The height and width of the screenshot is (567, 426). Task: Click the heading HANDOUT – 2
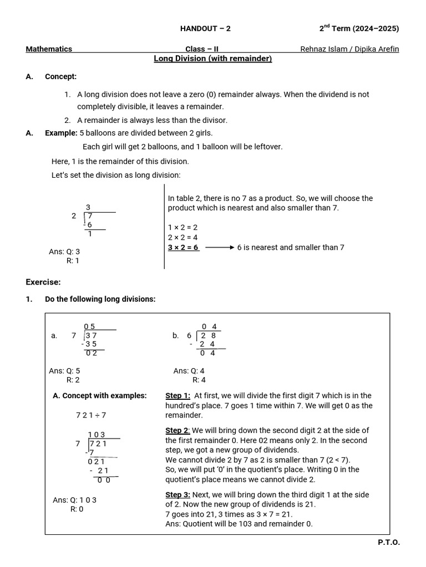[x=205, y=29]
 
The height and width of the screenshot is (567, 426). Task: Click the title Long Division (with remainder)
[x=212, y=59]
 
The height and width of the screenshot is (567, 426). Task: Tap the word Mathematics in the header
[x=49, y=49]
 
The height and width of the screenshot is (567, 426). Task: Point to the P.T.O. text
[x=389, y=543]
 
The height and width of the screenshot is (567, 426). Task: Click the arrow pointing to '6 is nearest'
[x=219, y=248]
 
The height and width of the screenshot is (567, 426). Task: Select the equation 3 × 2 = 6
[x=183, y=248]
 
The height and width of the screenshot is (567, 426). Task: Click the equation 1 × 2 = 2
[x=183, y=228]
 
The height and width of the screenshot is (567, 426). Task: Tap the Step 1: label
[x=178, y=395]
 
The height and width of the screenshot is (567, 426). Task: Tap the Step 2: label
[x=178, y=430]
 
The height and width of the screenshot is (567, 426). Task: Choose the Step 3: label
[x=178, y=494]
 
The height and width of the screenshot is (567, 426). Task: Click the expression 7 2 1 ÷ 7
[x=91, y=415]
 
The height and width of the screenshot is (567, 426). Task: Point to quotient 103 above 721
[x=97, y=435]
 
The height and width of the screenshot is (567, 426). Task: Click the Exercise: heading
[x=43, y=282]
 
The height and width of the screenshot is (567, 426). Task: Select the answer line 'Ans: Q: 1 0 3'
[x=74, y=500]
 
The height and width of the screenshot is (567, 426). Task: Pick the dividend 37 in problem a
[x=92, y=336]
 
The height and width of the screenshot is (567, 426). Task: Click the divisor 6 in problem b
[x=189, y=336]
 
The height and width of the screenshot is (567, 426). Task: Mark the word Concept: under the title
[x=61, y=76]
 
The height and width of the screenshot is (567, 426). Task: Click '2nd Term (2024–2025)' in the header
[x=359, y=29]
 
